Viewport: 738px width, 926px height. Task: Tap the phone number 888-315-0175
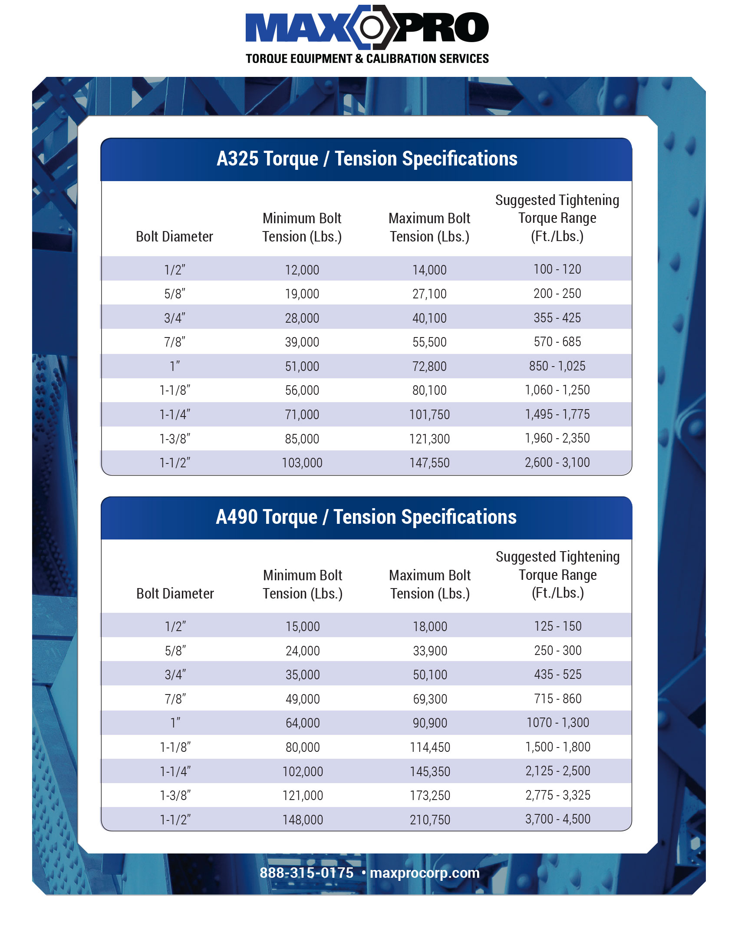click(x=306, y=873)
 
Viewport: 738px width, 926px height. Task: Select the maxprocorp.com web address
click(x=425, y=873)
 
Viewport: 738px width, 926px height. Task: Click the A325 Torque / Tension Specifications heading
click(x=367, y=159)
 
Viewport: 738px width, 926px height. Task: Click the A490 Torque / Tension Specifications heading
click(x=366, y=517)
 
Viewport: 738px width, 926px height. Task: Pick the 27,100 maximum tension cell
click(x=429, y=294)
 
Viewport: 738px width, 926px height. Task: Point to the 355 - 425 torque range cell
click(x=557, y=318)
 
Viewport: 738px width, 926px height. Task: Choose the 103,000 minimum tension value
click(x=302, y=463)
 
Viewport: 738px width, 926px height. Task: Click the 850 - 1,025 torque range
click(x=557, y=366)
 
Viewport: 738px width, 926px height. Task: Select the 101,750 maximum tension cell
click(x=429, y=415)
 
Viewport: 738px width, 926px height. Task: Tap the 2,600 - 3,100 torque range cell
click(x=557, y=463)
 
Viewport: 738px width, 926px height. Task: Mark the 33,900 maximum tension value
click(x=430, y=651)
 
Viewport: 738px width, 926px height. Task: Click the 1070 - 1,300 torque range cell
click(x=557, y=723)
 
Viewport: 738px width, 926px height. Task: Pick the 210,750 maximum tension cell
click(x=430, y=820)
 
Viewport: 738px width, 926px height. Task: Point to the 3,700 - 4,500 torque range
click(x=557, y=819)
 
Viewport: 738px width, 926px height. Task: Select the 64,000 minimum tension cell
click(x=303, y=723)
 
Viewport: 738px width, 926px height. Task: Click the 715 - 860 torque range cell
click(x=557, y=699)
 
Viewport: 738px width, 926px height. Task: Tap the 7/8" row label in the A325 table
click(x=175, y=342)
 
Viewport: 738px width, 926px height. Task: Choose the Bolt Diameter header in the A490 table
click(x=175, y=594)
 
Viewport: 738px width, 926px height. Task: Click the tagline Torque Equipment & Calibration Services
click(x=367, y=59)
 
